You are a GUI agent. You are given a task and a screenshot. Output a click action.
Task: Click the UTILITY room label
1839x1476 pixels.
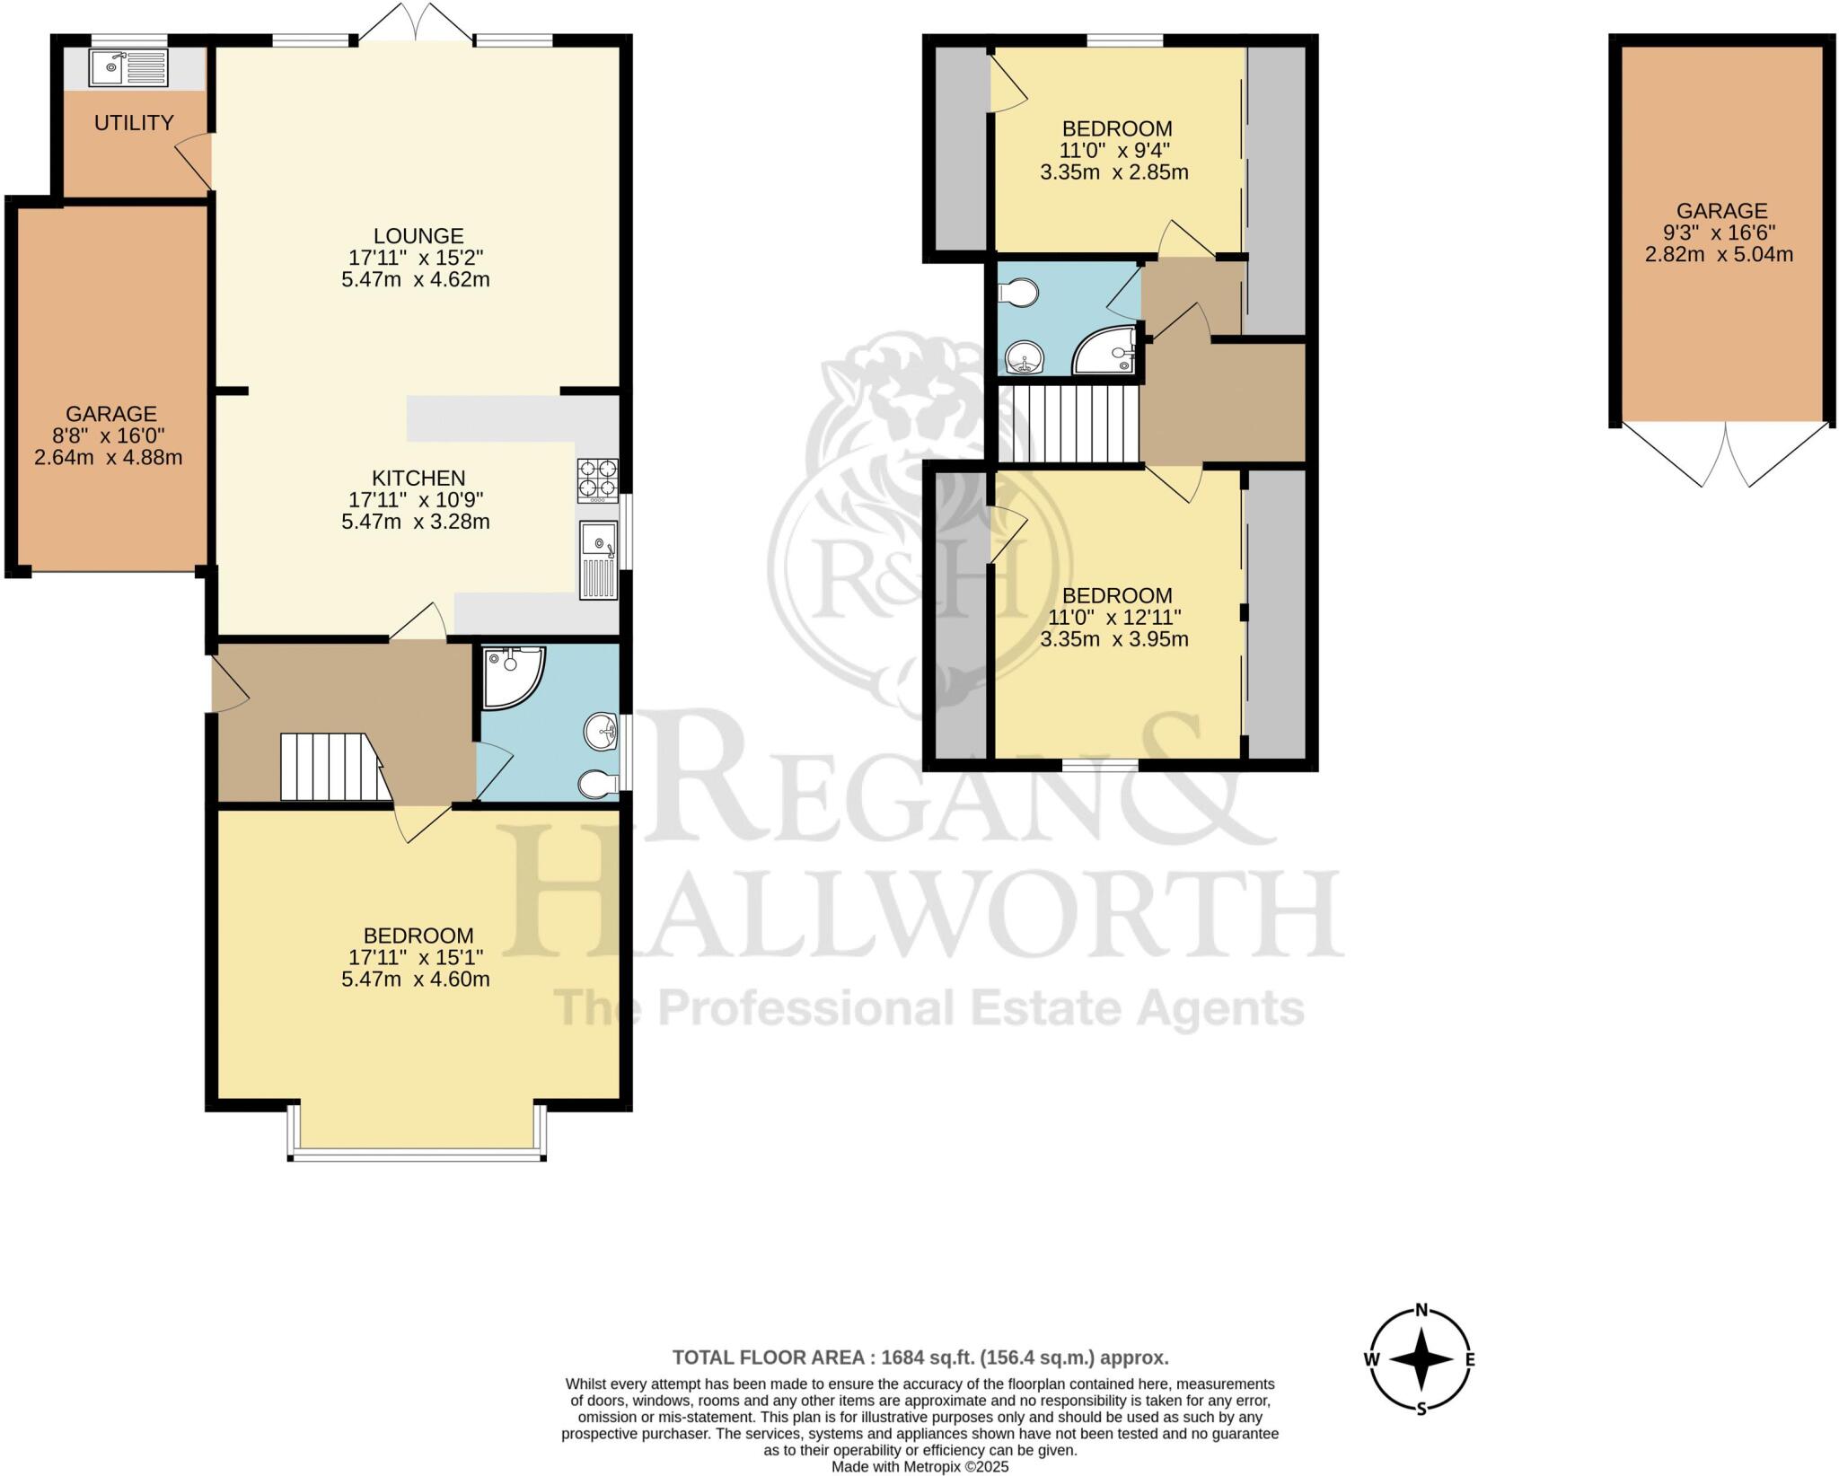pyautogui.click(x=134, y=123)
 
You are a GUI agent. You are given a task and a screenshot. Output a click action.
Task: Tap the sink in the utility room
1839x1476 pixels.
pyautogui.click(x=128, y=67)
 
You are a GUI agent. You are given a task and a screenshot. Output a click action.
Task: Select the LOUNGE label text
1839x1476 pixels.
pyautogui.click(x=418, y=236)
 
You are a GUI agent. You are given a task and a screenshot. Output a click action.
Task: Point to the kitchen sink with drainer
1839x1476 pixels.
pyautogui.click(x=598, y=558)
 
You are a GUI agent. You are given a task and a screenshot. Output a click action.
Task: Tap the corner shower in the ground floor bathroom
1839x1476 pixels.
pyautogui.click(x=508, y=673)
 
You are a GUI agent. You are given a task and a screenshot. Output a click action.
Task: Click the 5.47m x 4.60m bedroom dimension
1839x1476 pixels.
pyautogui.click(x=416, y=980)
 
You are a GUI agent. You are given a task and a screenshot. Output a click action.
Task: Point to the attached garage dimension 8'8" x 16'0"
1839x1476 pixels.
pyautogui.click(x=111, y=436)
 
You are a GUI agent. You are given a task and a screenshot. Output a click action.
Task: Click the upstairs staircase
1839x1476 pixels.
pyautogui.click(x=1069, y=424)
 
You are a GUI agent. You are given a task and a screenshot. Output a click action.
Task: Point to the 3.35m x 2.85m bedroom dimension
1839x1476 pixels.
pyautogui.click(x=1114, y=172)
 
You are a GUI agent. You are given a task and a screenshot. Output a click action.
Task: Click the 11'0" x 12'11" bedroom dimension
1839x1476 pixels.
pyautogui.click(x=1114, y=618)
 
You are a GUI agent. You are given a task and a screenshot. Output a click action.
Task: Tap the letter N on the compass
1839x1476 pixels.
pyautogui.click(x=1421, y=1334)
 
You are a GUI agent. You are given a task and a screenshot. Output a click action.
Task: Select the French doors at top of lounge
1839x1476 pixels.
pyautogui.click(x=416, y=22)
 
